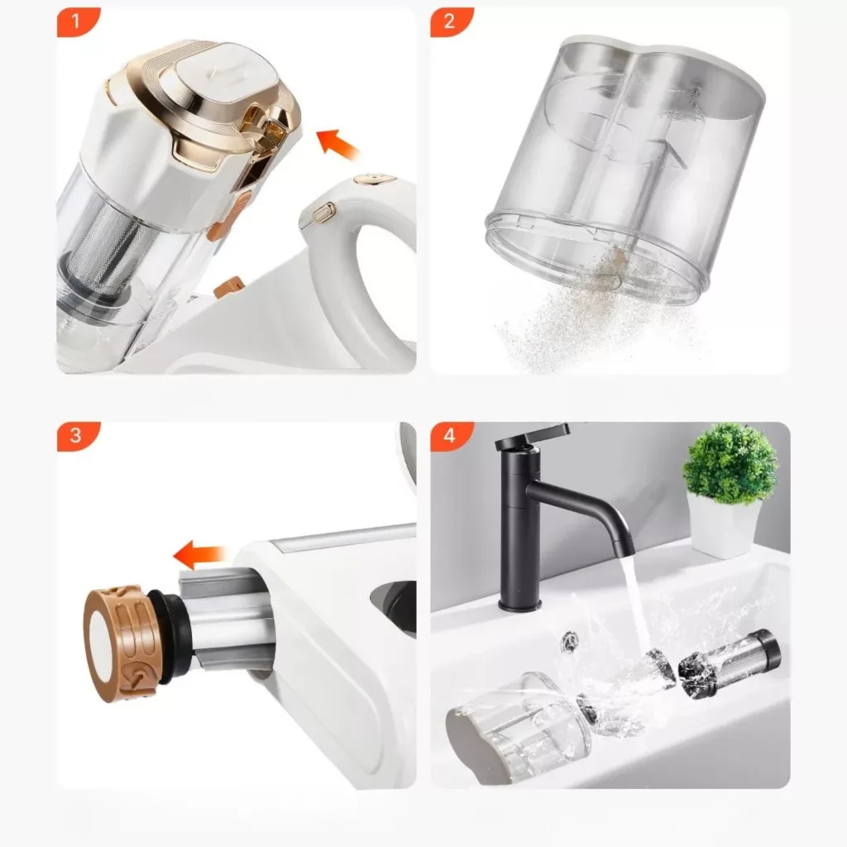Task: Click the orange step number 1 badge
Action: (76, 22)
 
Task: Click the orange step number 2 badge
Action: (450, 22)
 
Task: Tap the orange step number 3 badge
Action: (76, 435)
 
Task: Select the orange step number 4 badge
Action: (450, 435)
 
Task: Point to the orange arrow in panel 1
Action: (337, 144)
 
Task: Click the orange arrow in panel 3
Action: (199, 555)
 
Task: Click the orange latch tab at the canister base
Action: (229, 286)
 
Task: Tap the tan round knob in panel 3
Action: (116, 643)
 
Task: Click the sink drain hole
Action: (569, 639)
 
